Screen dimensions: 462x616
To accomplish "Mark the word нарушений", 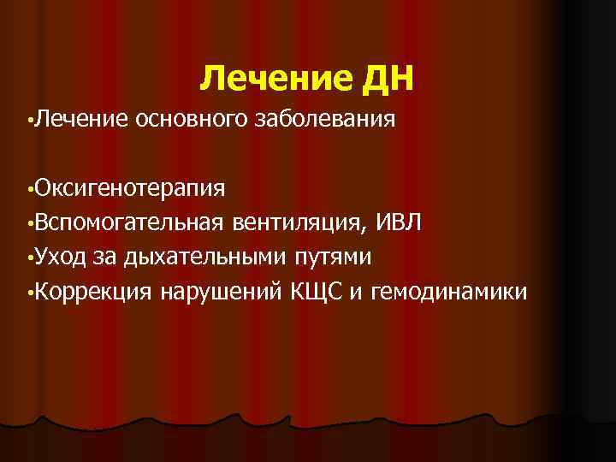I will point(218,293).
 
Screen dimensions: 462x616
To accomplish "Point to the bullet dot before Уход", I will point(31,258).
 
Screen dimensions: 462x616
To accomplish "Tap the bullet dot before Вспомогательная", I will point(31,224).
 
